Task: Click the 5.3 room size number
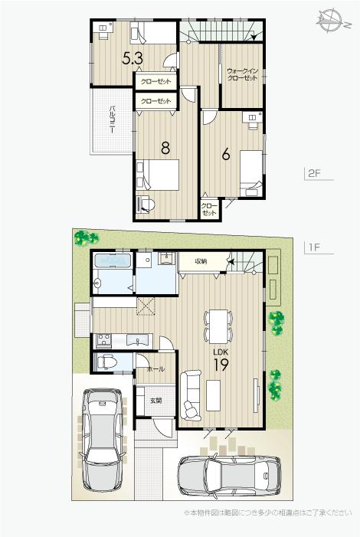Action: [x=133, y=57]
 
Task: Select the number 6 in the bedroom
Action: [x=226, y=153]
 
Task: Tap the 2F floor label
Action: [x=314, y=173]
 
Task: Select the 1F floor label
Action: [x=313, y=247]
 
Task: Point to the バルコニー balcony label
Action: [x=112, y=120]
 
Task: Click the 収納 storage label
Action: [x=201, y=261]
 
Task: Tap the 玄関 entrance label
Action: [x=155, y=400]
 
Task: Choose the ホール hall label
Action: [x=155, y=368]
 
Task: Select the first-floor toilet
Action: [x=106, y=362]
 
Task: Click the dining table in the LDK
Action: [x=218, y=326]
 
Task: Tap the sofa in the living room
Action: [x=191, y=391]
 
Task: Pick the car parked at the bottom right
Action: [x=227, y=476]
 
